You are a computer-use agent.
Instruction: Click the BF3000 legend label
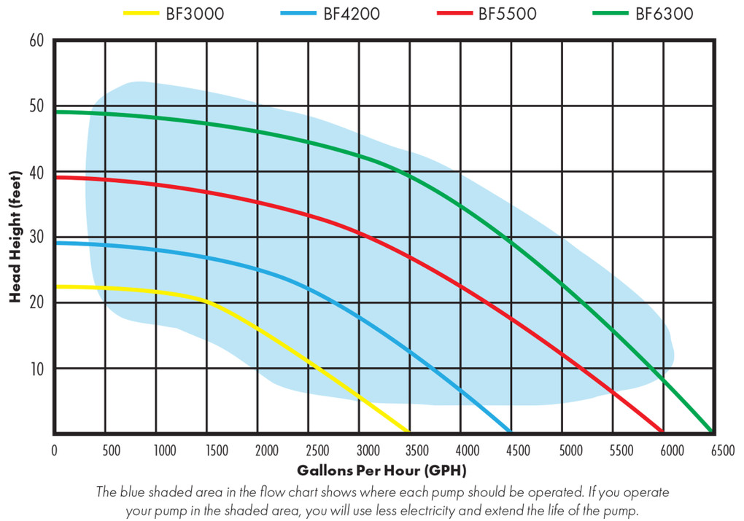tap(195, 14)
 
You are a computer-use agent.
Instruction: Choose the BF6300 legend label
tap(664, 14)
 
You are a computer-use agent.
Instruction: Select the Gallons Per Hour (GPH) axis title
tap(381, 470)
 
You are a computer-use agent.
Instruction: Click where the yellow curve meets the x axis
tap(408, 431)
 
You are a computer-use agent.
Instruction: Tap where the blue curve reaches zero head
tap(510, 431)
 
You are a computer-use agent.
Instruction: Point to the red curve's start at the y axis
tap(57, 177)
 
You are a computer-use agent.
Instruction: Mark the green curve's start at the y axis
tap(57, 111)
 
